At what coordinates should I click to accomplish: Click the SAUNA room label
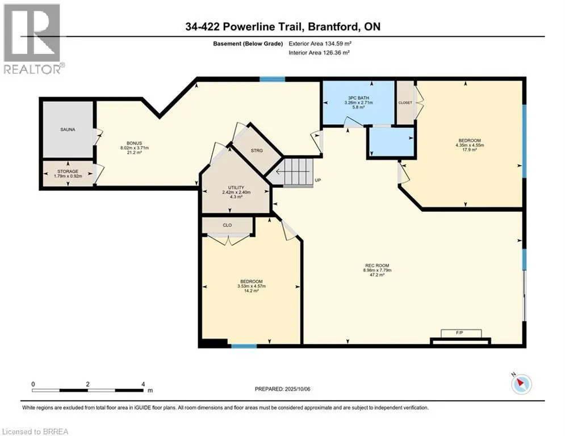(68, 129)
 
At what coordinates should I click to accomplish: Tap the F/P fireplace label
(459, 333)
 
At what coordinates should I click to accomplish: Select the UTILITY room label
(236, 187)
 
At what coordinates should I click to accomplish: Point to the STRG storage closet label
(257, 150)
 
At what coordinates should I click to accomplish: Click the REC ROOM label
(377, 266)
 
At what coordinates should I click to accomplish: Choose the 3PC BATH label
(358, 98)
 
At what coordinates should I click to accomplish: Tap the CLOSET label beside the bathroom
(405, 103)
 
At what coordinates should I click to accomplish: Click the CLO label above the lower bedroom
(227, 225)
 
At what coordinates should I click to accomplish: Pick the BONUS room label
(134, 143)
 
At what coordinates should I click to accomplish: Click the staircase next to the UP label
(298, 172)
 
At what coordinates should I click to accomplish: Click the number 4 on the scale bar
(143, 384)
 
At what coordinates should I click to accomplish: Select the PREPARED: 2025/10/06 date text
(283, 389)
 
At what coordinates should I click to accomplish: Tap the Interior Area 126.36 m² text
(319, 53)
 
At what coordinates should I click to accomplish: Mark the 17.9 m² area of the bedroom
(470, 149)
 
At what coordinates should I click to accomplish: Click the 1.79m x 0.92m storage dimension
(68, 176)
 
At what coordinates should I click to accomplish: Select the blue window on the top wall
(273, 79)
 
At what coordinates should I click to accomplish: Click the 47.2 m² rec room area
(377, 275)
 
